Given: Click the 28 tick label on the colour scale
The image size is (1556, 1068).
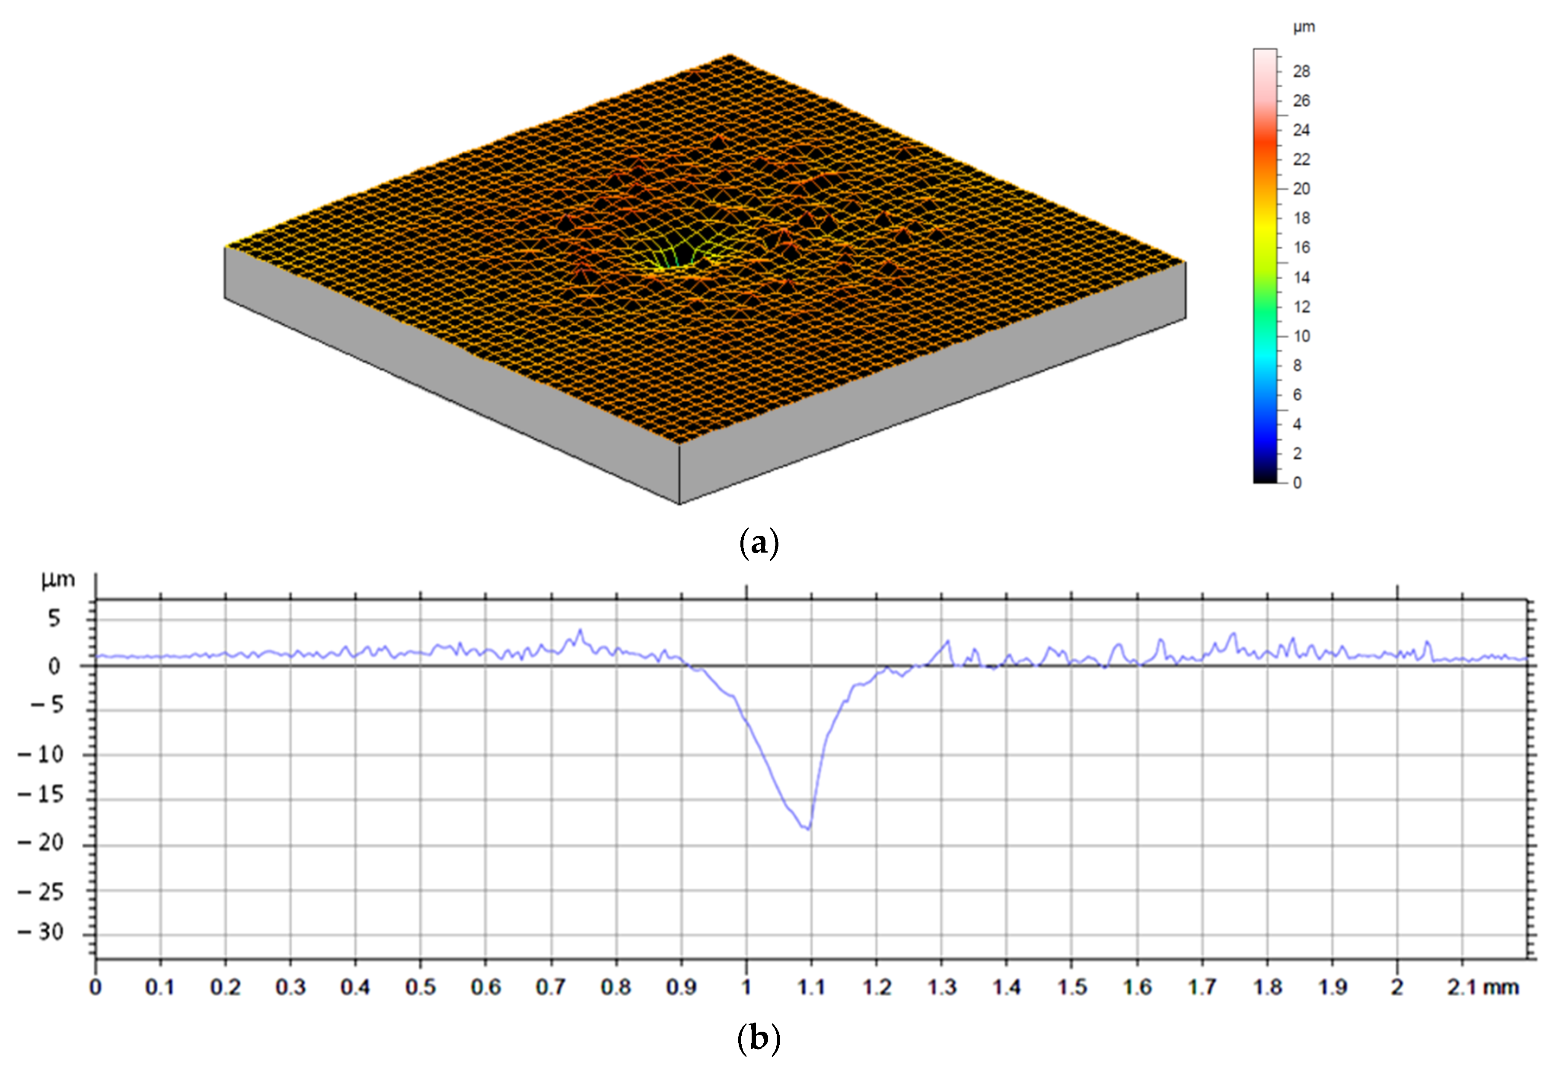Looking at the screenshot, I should pyautogui.click(x=1301, y=71).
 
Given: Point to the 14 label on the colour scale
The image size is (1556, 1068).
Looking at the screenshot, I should pyautogui.click(x=1301, y=277).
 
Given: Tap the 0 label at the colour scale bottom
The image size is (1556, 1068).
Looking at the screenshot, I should pyautogui.click(x=1297, y=483).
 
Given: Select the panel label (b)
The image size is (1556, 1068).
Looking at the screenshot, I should pyautogui.click(x=759, y=1039).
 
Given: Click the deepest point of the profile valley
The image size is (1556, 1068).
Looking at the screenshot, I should pyautogui.click(x=808, y=829).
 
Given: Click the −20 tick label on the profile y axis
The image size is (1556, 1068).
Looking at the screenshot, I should pyautogui.click(x=41, y=843).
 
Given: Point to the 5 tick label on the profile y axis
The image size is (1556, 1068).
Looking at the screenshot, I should pyautogui.click(x=54, y=618).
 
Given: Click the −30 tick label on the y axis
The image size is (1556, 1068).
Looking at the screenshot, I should pyautogui.click(x=41, y=933).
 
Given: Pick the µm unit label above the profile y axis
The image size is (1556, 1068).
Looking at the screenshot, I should pyautogui.click(x=57, y=580).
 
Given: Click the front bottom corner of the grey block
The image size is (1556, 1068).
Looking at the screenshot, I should pyautogui.click(x=679, y=504).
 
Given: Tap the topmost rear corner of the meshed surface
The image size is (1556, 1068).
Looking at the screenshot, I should pyautogui.click(x=730, y=55).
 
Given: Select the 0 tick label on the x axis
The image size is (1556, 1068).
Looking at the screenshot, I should pyautogui.click(x=96, y=988).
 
